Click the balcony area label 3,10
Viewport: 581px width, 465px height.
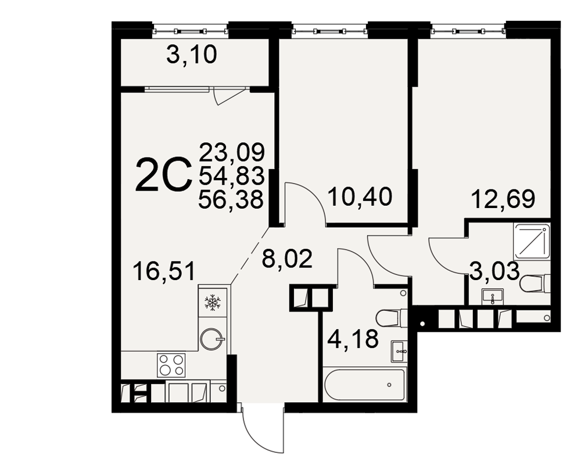pos(192,56)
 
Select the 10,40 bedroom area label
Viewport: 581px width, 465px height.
pos(360,196)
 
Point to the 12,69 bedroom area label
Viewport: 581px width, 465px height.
pos(503,199)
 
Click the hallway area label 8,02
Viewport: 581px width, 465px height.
pos(287,259)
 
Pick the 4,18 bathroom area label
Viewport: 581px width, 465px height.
pos(353,339)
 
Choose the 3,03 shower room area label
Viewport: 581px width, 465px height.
pos(494,271)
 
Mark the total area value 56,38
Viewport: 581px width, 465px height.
pos(231,200)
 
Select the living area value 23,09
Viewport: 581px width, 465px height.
pos(232,152)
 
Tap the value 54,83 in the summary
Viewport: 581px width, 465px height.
pos(232,176)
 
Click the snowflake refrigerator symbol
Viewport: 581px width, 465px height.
pos(213,302)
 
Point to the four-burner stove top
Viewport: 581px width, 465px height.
pos(171,365)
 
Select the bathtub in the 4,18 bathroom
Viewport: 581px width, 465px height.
pos(365,384)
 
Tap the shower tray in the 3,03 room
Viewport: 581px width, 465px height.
pos(532,242)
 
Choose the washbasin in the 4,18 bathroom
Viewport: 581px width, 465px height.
pos(400,351)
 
